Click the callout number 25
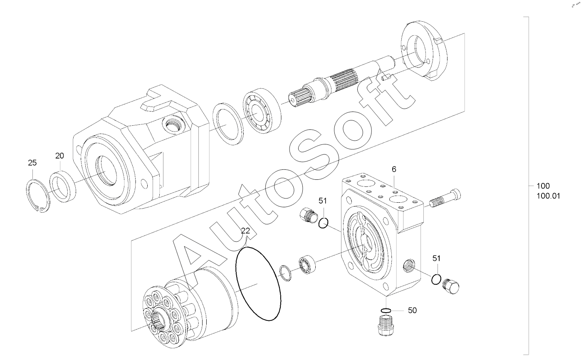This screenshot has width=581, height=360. pyautogui.click(x=32, y=163)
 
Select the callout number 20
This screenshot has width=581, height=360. pyautogui.click(x=59, y=156)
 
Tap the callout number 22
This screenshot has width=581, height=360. pyautogui.click(x=245, y=231)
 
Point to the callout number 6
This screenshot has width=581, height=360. pyautogui.click(x=394, y=169)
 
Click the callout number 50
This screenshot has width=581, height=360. pyautogui.click(x=413, y=310)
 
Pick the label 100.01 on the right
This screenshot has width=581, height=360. pyautogui.click(x=549, y=196)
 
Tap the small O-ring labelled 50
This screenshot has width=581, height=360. pyautogui.click(x=386, y=310)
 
